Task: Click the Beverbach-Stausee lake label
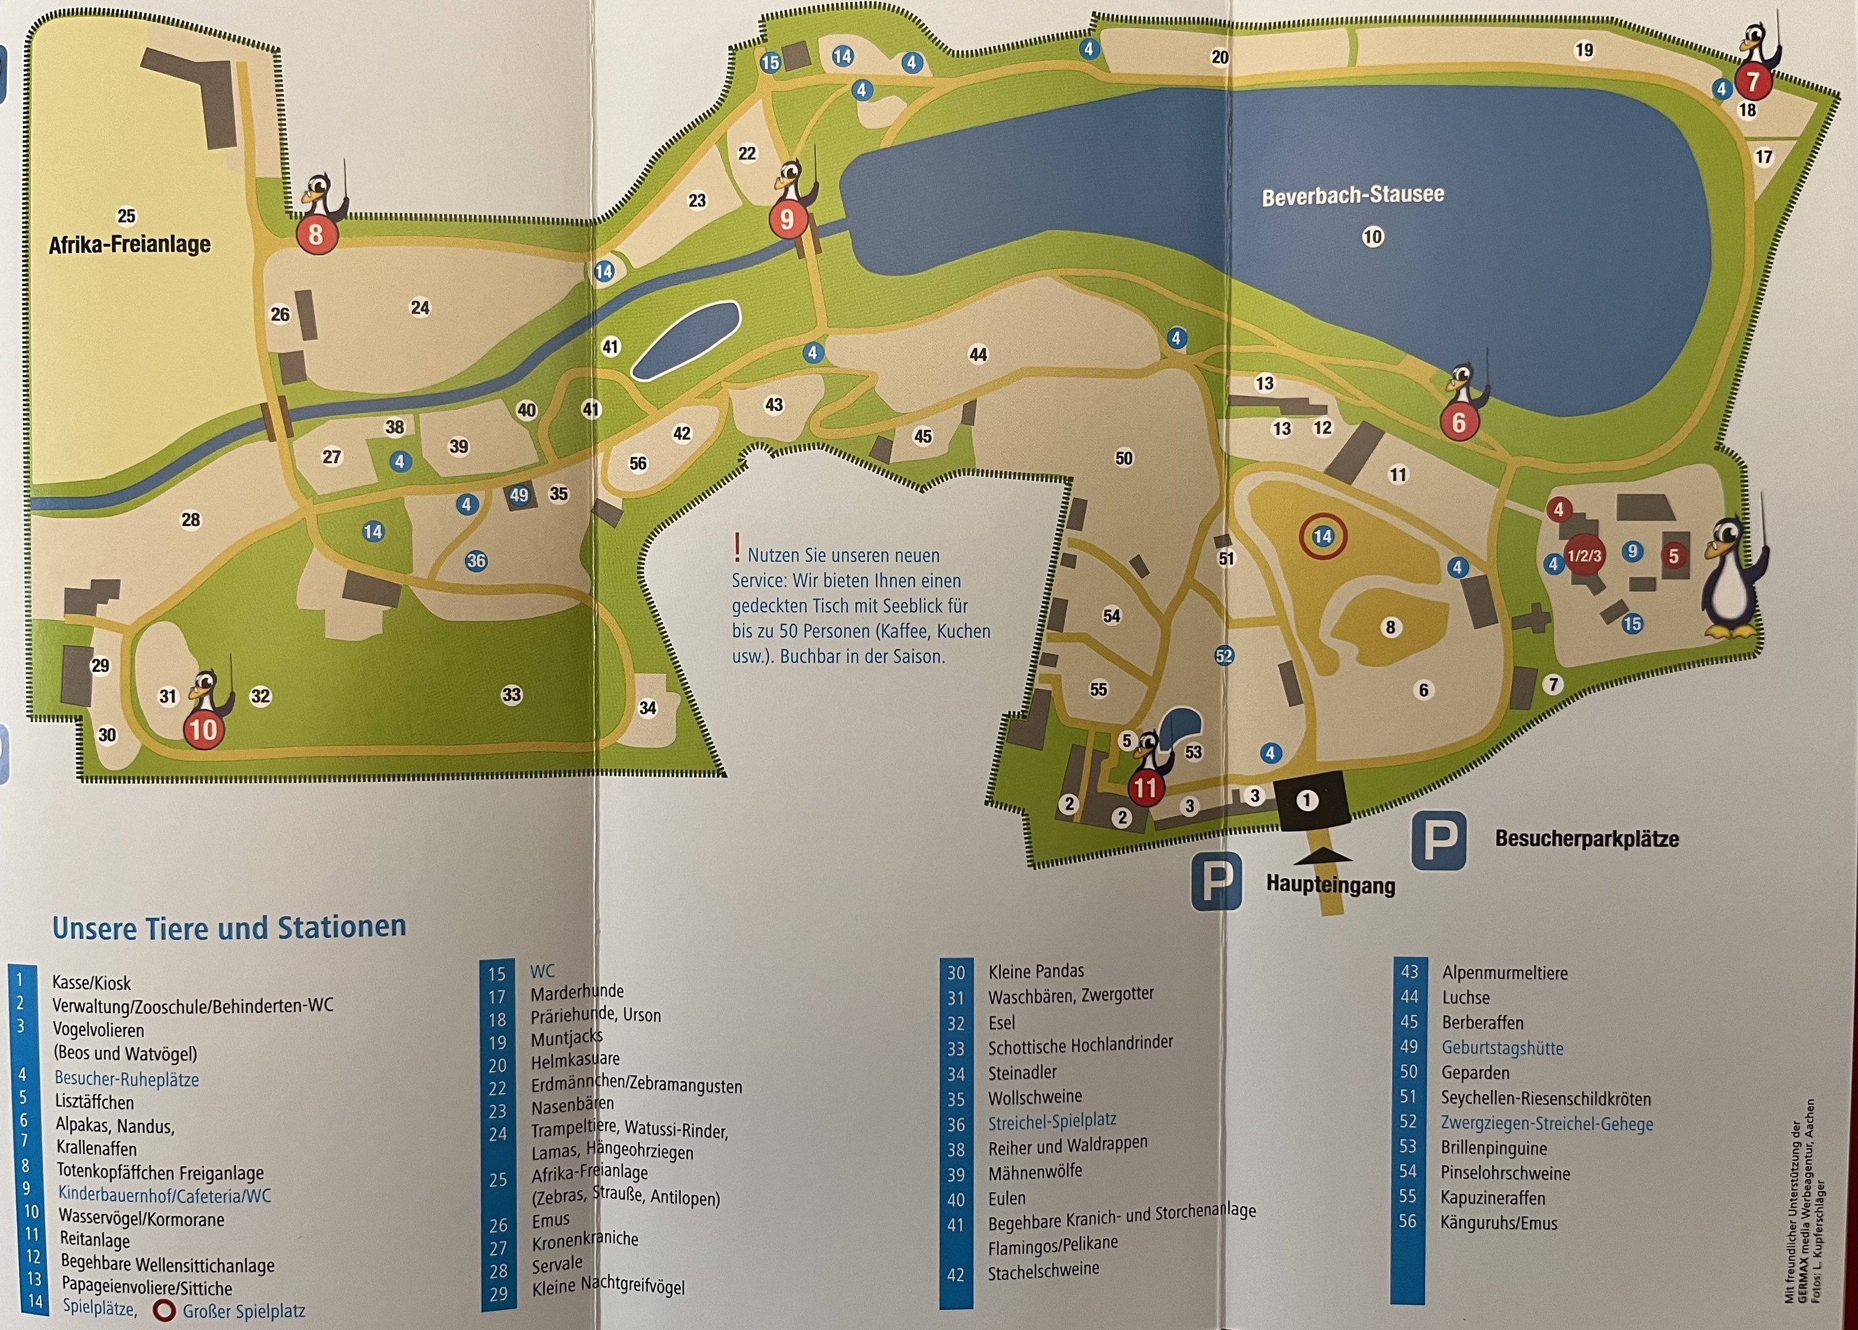1353,196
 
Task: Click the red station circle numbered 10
203,729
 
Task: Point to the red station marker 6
1458,422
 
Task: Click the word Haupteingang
1331,884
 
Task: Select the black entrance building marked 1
1307,800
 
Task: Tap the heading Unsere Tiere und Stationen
229,928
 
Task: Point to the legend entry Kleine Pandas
1036,971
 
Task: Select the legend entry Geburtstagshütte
1502,1048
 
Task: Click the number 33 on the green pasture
511,695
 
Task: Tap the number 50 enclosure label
1124,457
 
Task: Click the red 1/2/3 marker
1584,555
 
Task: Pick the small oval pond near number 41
686,341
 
